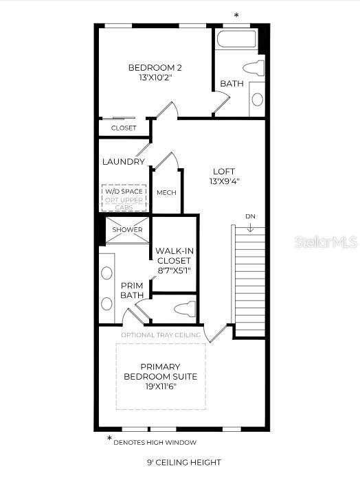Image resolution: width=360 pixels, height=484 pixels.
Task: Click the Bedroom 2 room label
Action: point(155,67)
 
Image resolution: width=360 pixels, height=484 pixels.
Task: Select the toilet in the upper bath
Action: point(255,68)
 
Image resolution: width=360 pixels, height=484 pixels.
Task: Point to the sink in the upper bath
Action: point(257,100)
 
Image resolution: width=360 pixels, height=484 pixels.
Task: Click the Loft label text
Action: point(224,172)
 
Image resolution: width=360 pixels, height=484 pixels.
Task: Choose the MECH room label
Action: point(166,193)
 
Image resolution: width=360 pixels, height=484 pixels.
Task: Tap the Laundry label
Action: point(123,162)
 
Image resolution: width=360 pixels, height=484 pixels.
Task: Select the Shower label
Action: point(127,230)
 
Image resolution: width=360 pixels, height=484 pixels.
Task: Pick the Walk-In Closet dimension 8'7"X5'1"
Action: point(173,270)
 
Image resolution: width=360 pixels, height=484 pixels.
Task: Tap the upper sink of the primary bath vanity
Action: point(106,273)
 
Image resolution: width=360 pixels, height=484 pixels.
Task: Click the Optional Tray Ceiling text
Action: point(161,335)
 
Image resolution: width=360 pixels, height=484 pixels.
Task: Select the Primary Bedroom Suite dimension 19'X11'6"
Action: point(160,387)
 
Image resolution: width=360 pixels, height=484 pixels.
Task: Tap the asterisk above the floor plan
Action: point(237,15)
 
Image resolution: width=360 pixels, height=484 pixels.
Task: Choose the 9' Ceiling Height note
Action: point(184,463)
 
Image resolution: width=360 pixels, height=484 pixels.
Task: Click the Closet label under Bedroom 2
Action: point(124,128)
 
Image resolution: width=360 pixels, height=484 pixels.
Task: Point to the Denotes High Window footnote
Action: point(155,442)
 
